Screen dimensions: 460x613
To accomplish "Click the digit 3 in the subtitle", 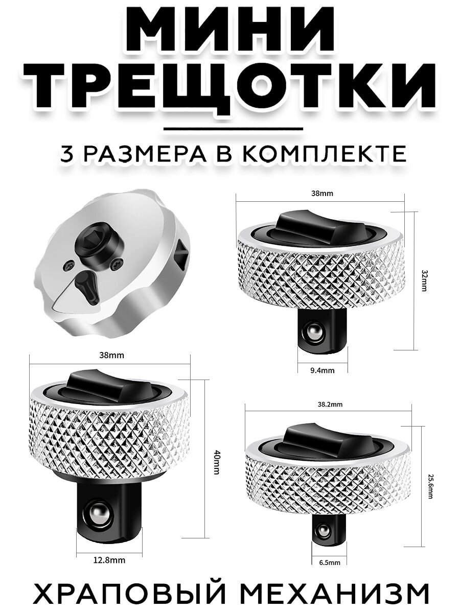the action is (67, 154).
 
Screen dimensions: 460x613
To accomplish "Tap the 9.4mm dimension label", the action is (323, 370).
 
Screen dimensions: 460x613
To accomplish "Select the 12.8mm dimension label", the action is (109, 559).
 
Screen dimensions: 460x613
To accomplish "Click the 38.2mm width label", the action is (330, 404).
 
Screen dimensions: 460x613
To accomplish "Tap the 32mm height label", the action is (425, 280).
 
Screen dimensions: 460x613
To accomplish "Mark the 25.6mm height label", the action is (430, 486).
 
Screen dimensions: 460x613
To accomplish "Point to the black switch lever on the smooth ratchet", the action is (87, 287).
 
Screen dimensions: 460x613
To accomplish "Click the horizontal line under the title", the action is (233, 129).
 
